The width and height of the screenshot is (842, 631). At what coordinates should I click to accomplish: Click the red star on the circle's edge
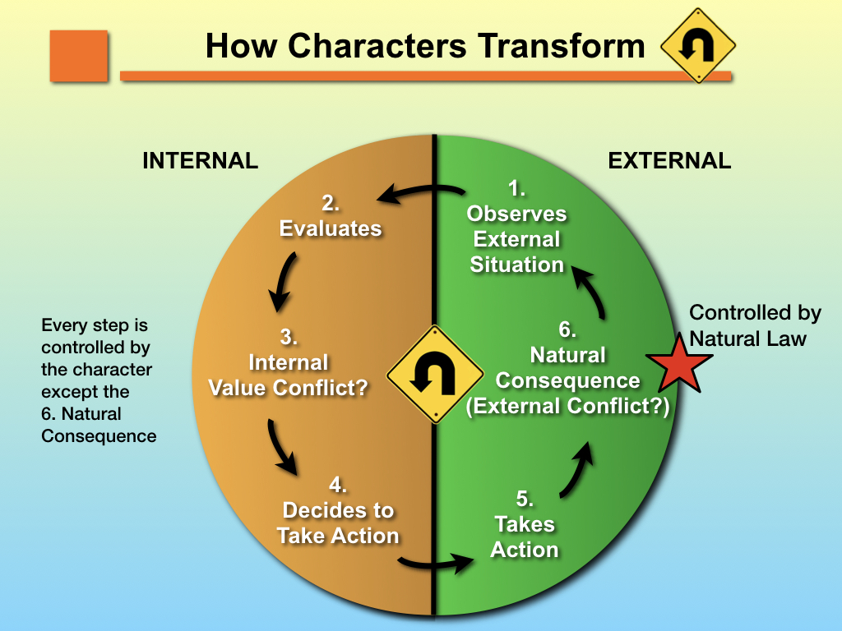[x=679, y=363]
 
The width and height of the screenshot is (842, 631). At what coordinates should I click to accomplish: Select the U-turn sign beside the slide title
[x=698, y=46]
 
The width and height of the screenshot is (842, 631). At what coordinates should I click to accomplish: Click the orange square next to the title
[x=79, y=55]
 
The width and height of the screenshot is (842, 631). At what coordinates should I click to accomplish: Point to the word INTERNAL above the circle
[x=200, y=161]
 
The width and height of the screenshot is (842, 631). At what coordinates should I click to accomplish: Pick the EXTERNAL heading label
[x=669, y=161]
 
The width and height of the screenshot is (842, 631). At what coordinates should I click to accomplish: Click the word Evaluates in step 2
[x=331, y=228]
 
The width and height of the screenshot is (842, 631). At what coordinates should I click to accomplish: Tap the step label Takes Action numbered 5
[x=524, y=537]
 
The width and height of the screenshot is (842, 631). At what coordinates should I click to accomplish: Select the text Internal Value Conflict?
[x=288, y=375]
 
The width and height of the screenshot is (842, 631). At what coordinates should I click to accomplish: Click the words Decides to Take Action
[x=338, y=523]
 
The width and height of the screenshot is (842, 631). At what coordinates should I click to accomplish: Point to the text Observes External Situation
[x=516, y=238]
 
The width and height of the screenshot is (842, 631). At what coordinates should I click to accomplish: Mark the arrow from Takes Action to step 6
[x=577, y=470]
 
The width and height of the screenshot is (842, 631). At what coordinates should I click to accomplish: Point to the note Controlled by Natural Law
[x=754, y=325]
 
